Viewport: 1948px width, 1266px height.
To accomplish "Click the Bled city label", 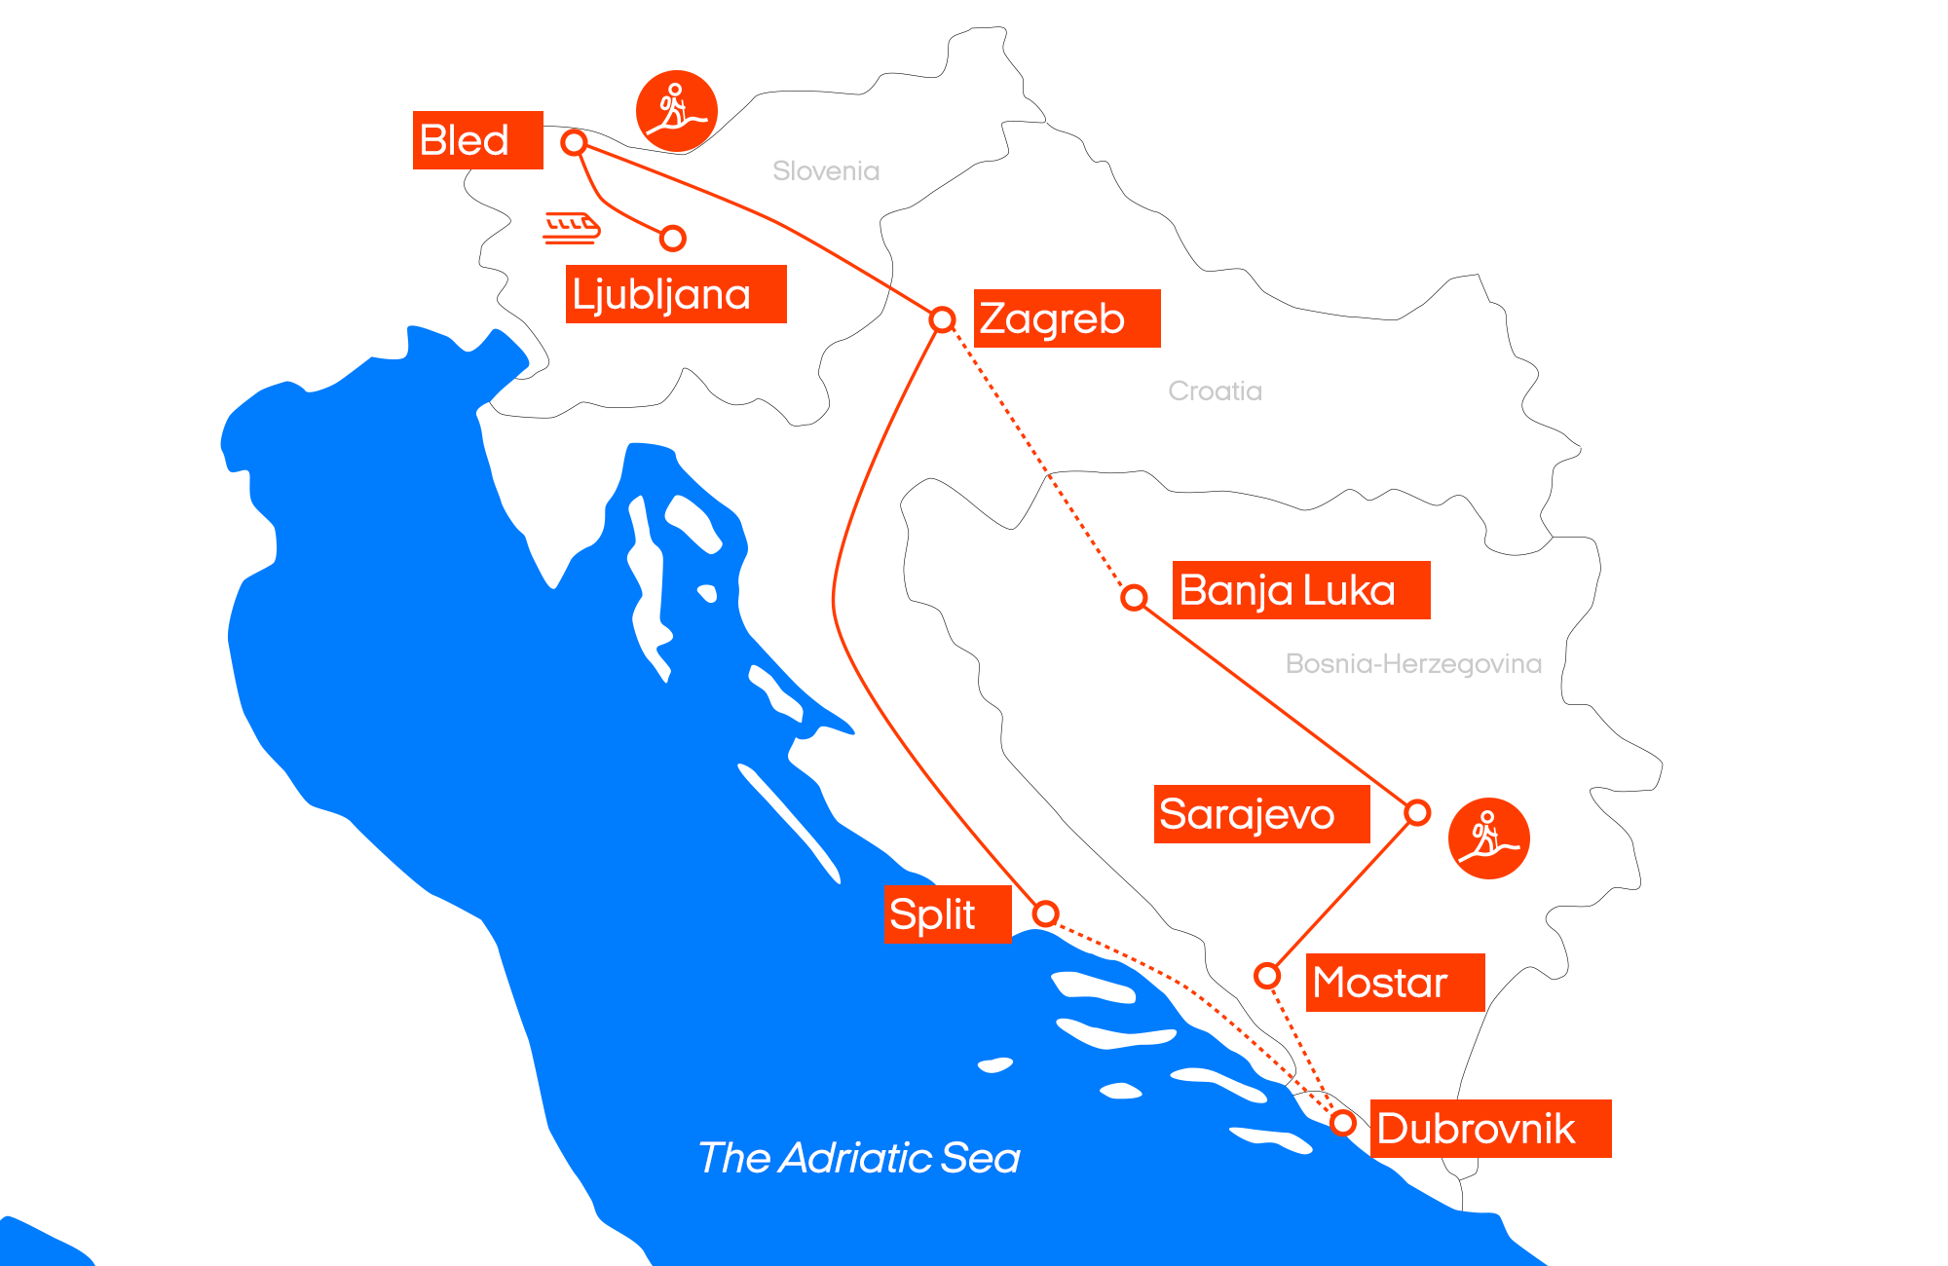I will click(477, 140).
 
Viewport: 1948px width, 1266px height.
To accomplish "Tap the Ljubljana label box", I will click(675, 294).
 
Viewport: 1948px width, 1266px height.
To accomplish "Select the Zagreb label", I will click(1067, 318).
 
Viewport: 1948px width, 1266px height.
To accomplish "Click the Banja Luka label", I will click(1300, 590).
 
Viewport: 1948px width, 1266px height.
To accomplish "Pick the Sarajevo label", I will click(1261, 814).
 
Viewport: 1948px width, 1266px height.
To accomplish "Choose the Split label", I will click(947, 914).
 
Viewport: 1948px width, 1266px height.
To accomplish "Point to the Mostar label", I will click(1395, 983).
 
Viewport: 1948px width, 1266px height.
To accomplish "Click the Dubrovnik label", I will click(1490, 1129).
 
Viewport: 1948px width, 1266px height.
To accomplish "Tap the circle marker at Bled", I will click(575, 143).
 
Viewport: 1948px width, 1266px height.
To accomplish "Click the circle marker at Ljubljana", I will click(673, 238).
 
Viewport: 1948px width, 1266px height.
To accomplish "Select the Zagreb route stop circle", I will click(942, 319).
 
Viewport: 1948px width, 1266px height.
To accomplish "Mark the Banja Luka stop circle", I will click(1134, 597).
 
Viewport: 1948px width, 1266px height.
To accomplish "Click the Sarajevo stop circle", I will click(1417, 812).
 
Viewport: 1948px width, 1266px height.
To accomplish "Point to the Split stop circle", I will click(1045, 913).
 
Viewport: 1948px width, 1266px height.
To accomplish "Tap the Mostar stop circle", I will click(1267, 975).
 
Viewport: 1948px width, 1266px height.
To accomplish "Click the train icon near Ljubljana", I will click(572, 227).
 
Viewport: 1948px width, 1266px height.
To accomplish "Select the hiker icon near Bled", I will click(677, 111).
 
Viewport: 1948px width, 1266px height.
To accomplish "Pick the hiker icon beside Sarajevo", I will click(1488, 838).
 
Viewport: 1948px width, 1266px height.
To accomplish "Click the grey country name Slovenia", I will click(826, 171).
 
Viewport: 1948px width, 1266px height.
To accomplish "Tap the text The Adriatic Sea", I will click(859, 1158).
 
